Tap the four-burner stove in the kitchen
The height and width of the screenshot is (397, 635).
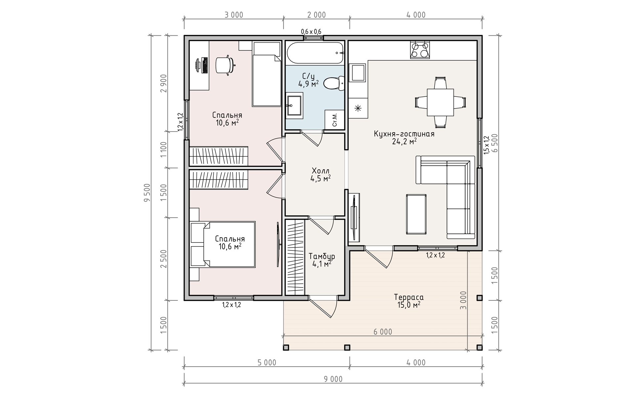click(x=420, y=50)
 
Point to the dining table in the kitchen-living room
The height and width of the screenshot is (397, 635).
click(x=440, y=102)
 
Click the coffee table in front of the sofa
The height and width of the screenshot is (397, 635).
click(x=416, y=214)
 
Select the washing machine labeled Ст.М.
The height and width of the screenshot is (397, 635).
click(x=334, y=119)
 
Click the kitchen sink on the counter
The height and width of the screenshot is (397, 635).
click(x=358, y=73)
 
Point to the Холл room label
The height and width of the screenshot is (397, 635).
click(x=320, y=171)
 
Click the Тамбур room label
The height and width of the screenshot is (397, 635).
click(x=322, y=256)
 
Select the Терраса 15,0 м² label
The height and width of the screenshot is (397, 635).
click(x=409, y=301)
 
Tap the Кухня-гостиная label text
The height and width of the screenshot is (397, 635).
click(x=404, y=134)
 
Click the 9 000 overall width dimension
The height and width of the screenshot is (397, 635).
click(x=333, y=379)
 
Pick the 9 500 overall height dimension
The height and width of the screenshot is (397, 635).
click(x=147, y=193)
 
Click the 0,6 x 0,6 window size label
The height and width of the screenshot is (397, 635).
click(x=311, y=31)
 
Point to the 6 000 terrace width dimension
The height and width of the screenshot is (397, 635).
click(x=383, y=332)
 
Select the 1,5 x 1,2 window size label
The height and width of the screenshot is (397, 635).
click(x=486, y=145)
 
